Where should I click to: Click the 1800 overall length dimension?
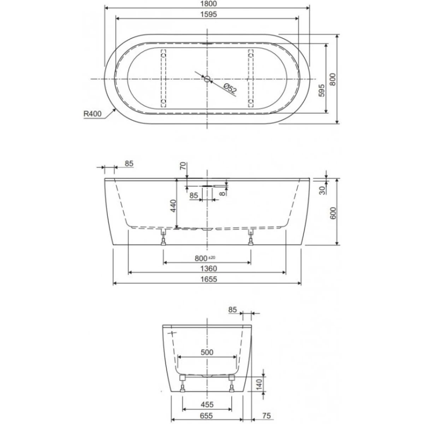208,4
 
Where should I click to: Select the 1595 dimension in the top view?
208,14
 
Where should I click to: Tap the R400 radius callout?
93,113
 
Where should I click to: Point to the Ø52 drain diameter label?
230,89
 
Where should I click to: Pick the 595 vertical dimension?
322,90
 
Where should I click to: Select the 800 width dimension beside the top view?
333,79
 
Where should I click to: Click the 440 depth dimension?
173,206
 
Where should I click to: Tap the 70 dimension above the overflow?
183,166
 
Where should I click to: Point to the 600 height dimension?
333,213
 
